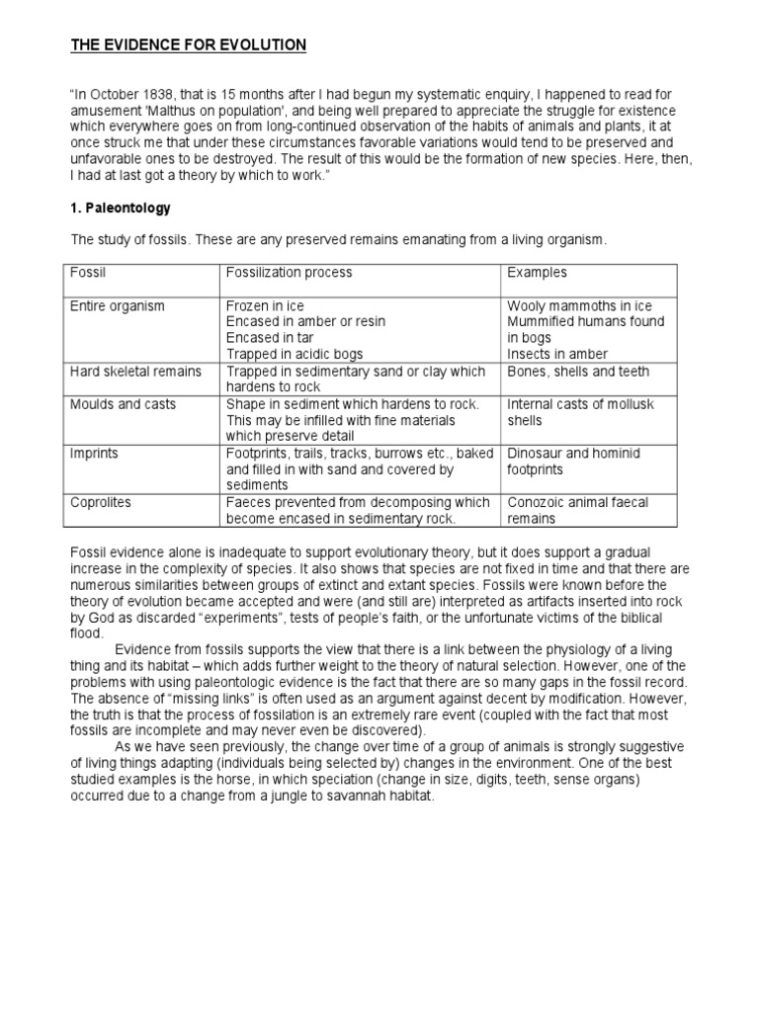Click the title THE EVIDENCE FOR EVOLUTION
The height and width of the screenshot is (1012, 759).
[188, 45]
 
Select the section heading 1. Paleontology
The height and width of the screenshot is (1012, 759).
[120, 209]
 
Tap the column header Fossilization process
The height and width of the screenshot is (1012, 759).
[289, 272]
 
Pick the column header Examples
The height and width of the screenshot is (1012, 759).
[537, 272]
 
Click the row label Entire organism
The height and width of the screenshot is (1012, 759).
[117, 306]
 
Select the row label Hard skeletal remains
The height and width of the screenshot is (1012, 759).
[135, 372]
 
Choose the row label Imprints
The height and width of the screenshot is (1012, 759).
[95, 453]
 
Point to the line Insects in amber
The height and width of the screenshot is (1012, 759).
[557, 354]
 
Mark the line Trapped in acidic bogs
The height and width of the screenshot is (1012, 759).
[294, 354]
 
